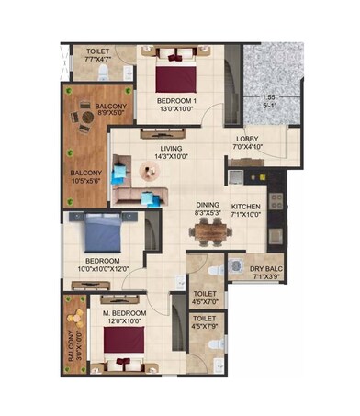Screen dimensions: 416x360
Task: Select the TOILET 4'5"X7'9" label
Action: click(204, 323)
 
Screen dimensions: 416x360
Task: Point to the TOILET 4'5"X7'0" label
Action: click(204, 298)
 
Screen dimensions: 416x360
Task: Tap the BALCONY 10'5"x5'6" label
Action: click(89, 175)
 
